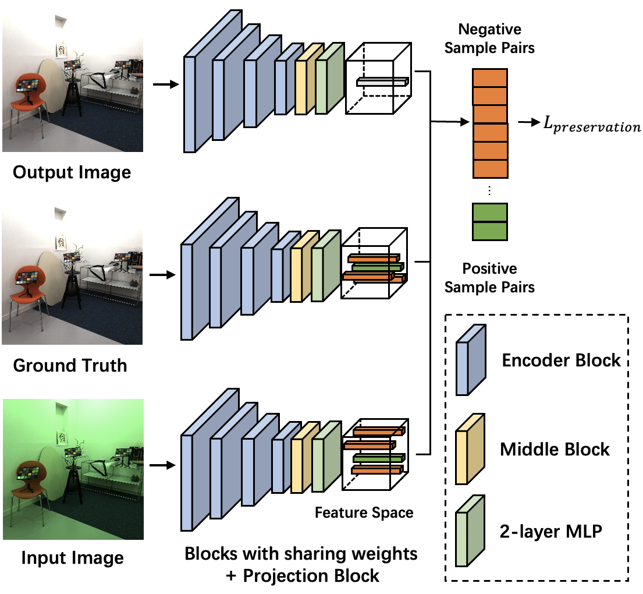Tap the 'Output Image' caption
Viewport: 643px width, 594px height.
point(72,172)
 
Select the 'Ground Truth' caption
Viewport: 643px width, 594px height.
point(70,365)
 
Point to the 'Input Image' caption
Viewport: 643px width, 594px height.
point(72,557)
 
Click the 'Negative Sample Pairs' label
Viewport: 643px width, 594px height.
point(489,38)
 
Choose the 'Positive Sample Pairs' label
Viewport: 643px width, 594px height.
point(489,278)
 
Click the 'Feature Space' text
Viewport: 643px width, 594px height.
point(364,512)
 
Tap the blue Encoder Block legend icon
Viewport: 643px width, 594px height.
point(471,360)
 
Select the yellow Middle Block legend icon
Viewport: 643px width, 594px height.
point(471,448)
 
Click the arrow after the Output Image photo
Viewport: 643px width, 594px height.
point(165,85)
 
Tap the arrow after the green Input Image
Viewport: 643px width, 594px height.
point(162,465)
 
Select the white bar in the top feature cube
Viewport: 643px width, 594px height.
point(382,82)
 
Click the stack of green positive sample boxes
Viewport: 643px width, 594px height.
point(489,221)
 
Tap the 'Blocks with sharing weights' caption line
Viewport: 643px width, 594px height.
point(301,553)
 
